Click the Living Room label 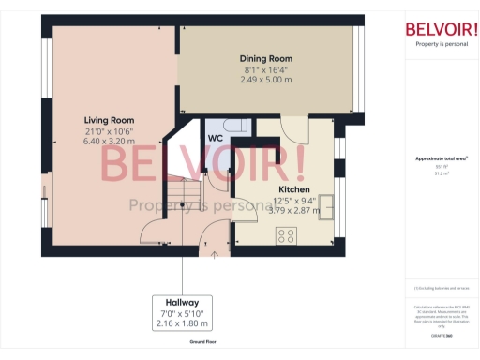coord(109,121)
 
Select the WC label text coord(215,136)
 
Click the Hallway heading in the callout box coord(183,303)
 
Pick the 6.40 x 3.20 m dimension coord(109,142)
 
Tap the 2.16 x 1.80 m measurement coord(183,323)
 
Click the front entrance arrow coord(215,250)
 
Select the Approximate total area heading coord(442,158)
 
